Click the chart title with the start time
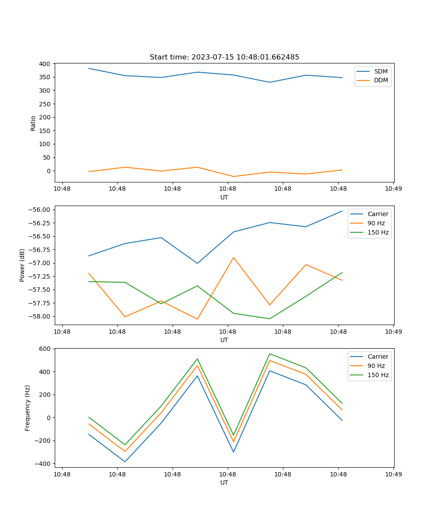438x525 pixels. pos(224,57)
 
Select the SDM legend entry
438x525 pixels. pos(381,71)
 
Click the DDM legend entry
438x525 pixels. pos(381,80)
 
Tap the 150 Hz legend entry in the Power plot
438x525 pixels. pos(378,232)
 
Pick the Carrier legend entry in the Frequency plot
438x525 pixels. pos(378,357)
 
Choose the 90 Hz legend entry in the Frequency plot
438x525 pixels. pos(376,366)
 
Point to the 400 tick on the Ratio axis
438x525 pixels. pos(45,64)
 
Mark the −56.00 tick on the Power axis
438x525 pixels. pos(39,210)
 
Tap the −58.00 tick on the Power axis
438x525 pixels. pos(39,316)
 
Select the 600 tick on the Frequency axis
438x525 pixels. pos(45,349)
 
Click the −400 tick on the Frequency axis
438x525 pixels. pos(43,464)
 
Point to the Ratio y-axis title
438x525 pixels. pos(33,123)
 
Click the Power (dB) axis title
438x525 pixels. pos(22,266)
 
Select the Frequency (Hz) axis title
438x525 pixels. pos(28,408)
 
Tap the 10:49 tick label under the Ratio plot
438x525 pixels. pos(393,189)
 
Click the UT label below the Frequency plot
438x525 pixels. pos(224,483)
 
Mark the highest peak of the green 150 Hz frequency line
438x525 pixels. pos(270,353)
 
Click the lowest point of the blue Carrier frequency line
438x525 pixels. pos(125,462)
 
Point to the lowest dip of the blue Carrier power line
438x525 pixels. pos(197,263)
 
